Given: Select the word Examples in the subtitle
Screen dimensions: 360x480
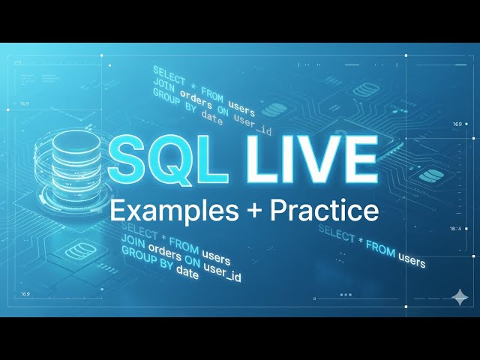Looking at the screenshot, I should point(158,210).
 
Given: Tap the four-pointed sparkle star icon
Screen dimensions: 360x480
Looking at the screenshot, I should point(459,298).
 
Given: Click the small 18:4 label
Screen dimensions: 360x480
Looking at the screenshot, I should point(456,229).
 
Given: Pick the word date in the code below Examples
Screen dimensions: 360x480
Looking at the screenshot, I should point(187,274).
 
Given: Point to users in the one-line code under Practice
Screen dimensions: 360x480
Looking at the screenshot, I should point(411,259).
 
